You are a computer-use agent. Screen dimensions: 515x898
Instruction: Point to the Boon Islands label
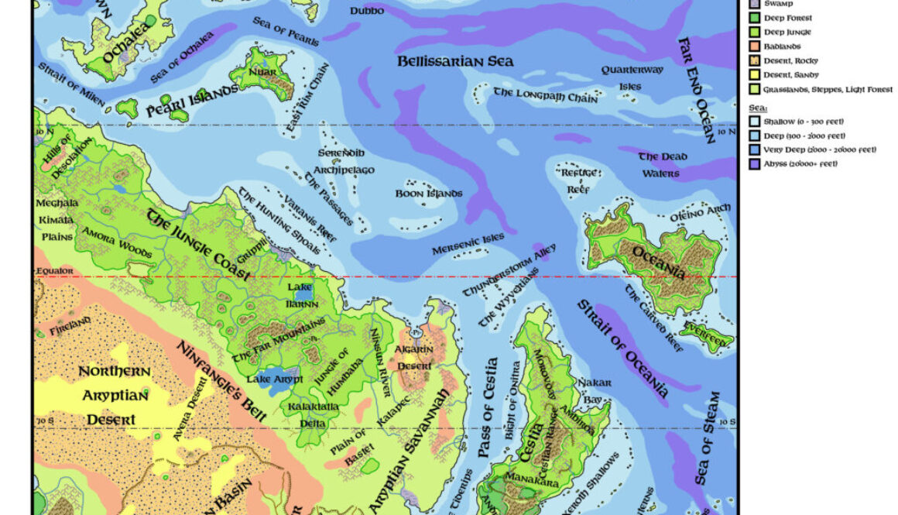tap(429, 194)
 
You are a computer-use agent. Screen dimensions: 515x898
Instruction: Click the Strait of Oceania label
tap(622, 348)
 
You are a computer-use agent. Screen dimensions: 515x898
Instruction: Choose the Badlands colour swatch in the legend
tap(754, 46)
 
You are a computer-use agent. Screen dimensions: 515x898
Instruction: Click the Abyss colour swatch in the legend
tap(754, 163)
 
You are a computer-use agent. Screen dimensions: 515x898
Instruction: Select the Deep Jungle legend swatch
tap(754, 33)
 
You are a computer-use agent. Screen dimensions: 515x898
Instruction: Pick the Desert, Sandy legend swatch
tap(754, 75)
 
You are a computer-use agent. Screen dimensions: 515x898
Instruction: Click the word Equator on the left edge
tap(53, 271)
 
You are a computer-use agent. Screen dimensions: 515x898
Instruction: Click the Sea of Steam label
tap(708, 438)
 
